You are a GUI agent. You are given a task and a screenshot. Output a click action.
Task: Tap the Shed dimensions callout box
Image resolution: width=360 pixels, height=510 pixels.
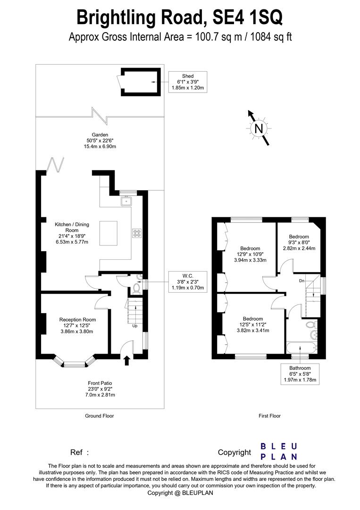click(x=188, y=82)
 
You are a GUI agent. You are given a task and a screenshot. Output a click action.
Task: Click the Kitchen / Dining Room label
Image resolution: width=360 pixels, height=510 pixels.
click(x=72, y=233)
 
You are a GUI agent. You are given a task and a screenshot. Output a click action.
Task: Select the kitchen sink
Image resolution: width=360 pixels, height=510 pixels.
click(x=126, y=202)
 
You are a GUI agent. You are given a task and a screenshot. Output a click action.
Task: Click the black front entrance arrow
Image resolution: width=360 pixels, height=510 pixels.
click(x=126, y=361)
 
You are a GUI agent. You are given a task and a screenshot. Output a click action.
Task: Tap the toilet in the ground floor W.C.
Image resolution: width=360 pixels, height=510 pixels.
click(x=137, y=288)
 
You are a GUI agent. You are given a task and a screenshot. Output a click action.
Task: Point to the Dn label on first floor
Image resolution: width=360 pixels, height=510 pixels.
click(x=301, y=280)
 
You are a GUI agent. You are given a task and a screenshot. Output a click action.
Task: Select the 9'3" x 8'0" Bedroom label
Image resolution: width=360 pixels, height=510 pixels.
click(x=299, y=242)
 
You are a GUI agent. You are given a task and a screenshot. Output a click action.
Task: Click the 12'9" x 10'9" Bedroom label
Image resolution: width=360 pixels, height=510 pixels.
click(x=250, y=254)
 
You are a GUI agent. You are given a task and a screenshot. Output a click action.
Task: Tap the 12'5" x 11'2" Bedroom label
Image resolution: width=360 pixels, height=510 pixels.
click(x=252, y=324)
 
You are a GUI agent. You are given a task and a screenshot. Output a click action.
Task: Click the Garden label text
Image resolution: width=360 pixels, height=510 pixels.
click(x=100, y=141)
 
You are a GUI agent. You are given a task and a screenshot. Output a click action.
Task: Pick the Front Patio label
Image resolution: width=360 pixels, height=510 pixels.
click(x=100, y=389)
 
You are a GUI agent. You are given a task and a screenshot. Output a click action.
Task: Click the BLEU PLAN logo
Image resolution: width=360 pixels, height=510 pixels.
click(x=279, y=451)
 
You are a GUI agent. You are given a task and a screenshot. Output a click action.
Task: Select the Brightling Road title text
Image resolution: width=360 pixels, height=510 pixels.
click(x=179, y=17)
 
